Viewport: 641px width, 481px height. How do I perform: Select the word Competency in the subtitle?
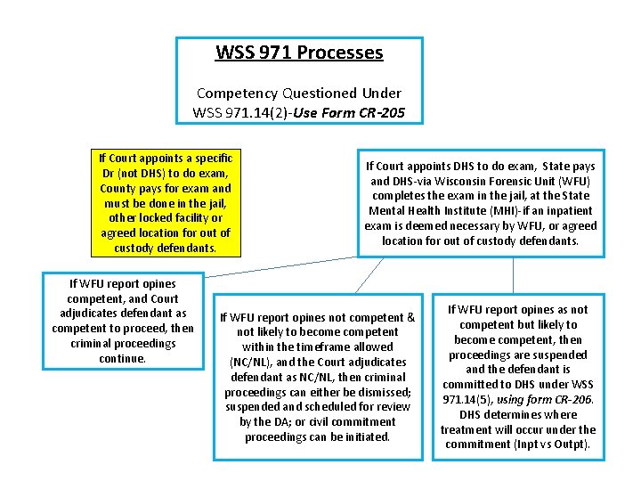[x=236, y=93]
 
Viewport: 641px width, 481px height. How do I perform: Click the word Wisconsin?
[x=471, y=181]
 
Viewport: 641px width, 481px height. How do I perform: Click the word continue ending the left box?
[x=123, y=358]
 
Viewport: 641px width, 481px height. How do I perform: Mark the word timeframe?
[x=315, y=346]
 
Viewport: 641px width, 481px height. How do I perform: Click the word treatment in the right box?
[x=466, y=429]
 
